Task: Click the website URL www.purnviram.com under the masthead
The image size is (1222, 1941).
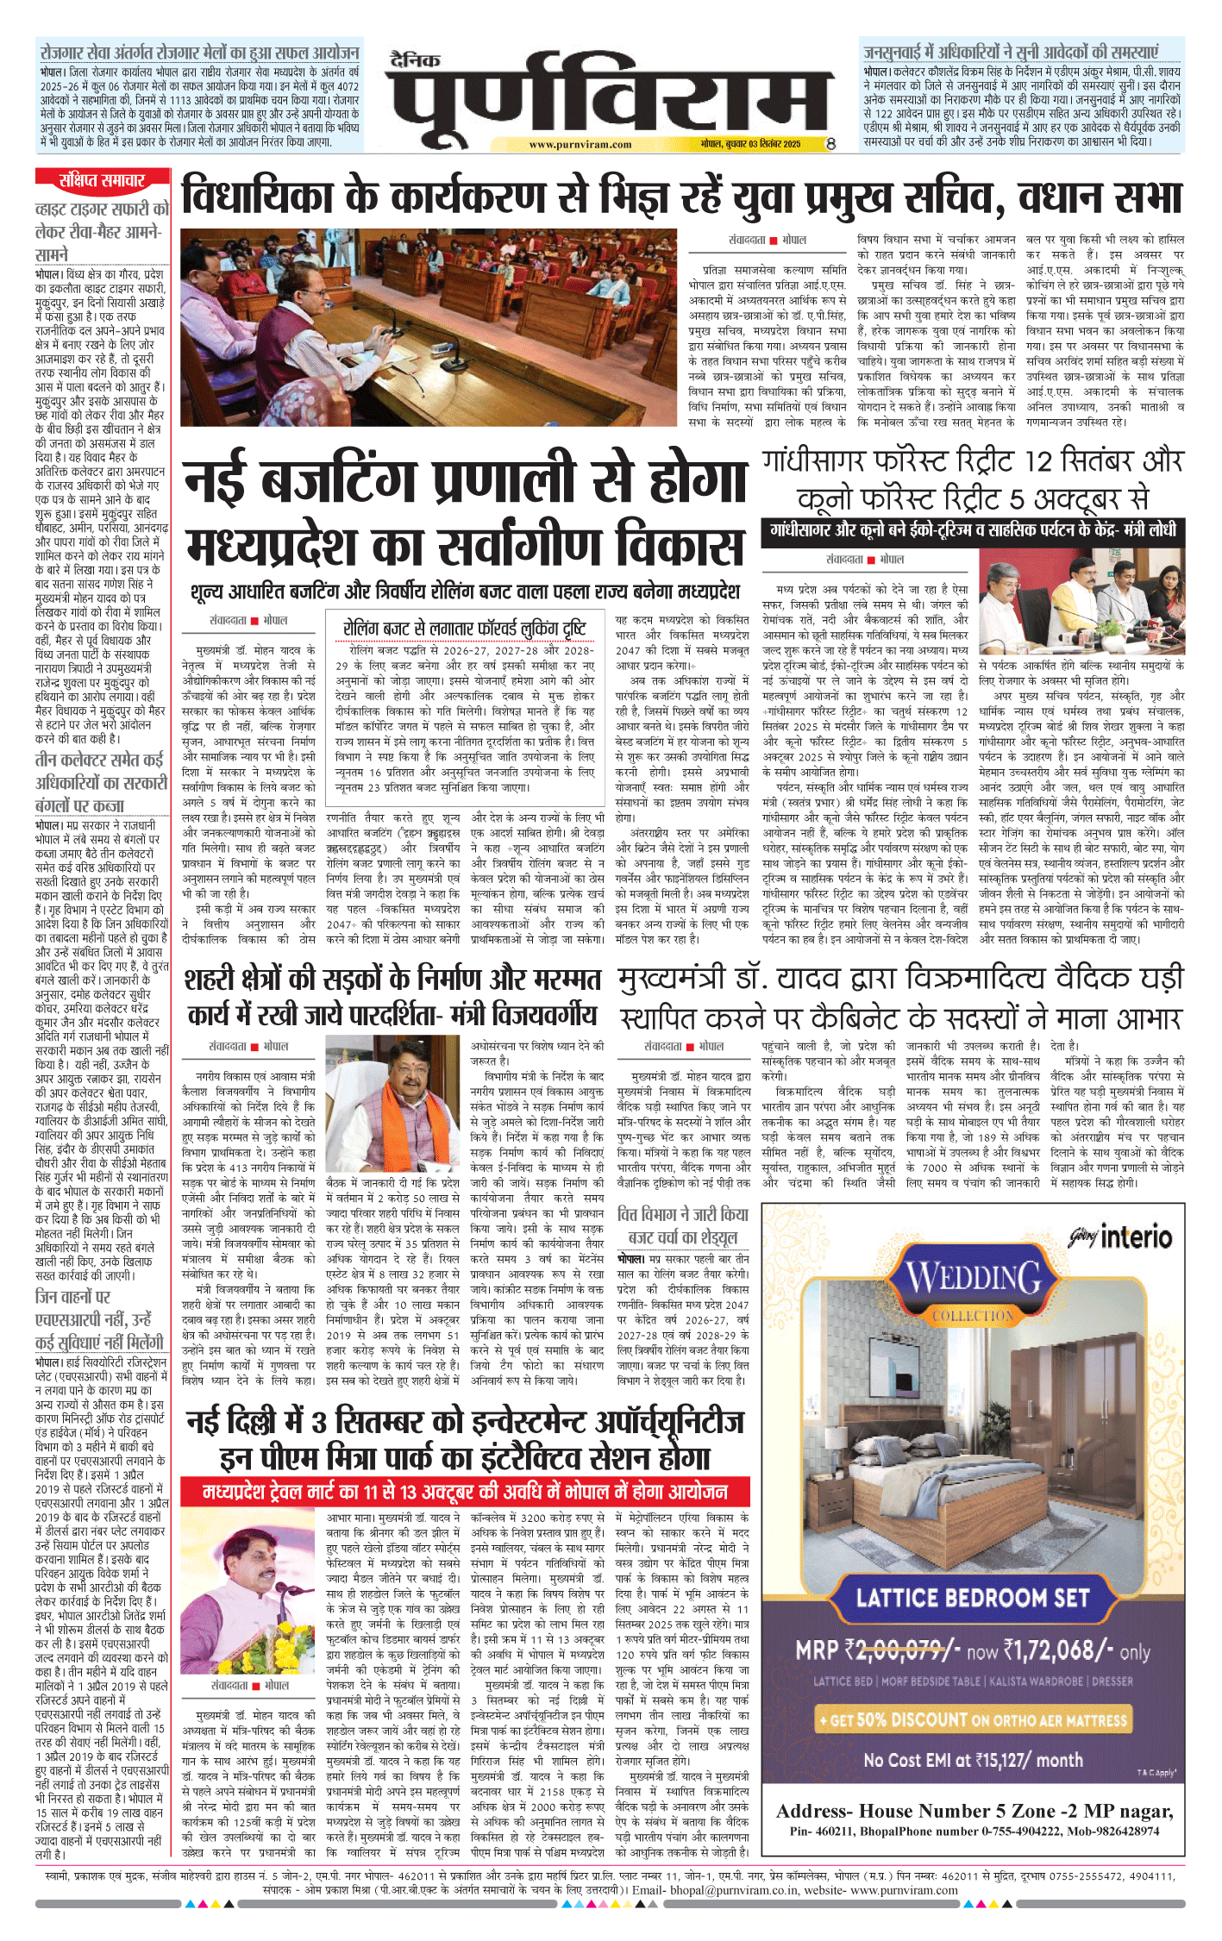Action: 580,145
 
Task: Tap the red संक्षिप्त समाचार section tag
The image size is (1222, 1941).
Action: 102,180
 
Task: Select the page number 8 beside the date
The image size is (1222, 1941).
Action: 830,144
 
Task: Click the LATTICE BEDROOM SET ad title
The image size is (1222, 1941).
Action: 973,1598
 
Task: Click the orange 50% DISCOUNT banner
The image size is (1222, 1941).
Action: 973,1719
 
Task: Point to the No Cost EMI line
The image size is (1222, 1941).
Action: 973,1760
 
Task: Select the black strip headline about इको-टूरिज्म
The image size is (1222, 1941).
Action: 973,529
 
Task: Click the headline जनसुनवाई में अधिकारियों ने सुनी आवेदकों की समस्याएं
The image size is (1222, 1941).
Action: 1023,52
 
